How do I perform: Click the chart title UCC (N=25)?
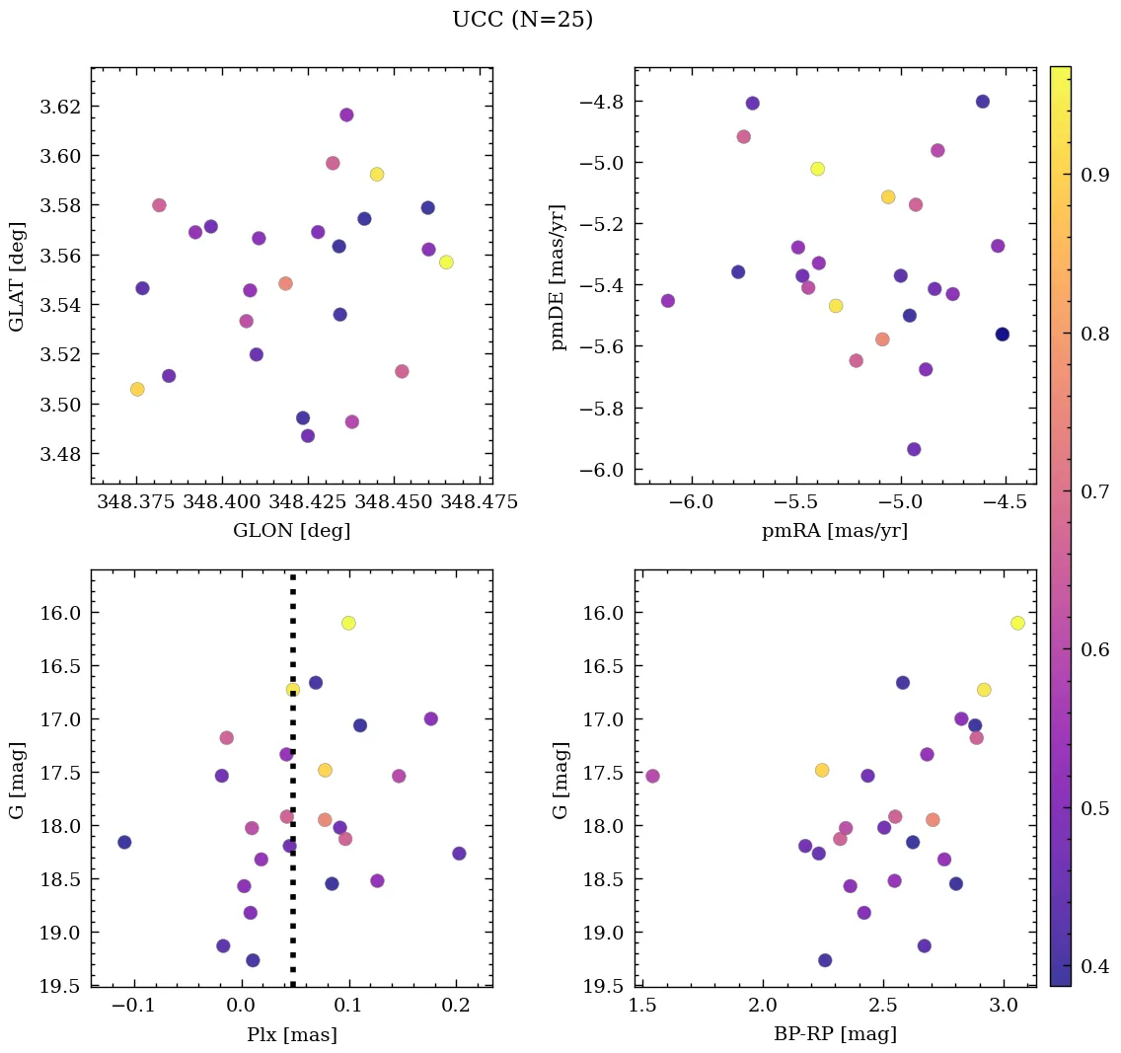click(x=522, y=20)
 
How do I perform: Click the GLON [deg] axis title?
click(x=291, y=531)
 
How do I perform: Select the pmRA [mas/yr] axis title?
click(x=834, y=531)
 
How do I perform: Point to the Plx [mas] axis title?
click(x=291, y=1034)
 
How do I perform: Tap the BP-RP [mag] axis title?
click(x=834, y=1034)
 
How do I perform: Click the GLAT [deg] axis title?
click(x=17, y=275)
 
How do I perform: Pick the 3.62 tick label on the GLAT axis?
click(x=59, y=107)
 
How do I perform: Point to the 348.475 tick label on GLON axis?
click(x=481, y=502)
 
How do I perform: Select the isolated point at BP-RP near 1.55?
click(x=652, y=776)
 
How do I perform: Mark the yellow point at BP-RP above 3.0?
click(x=1017, y=623)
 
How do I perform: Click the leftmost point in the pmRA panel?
click(x=667, y=300)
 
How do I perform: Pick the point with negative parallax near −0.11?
click(x=124, y=842)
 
